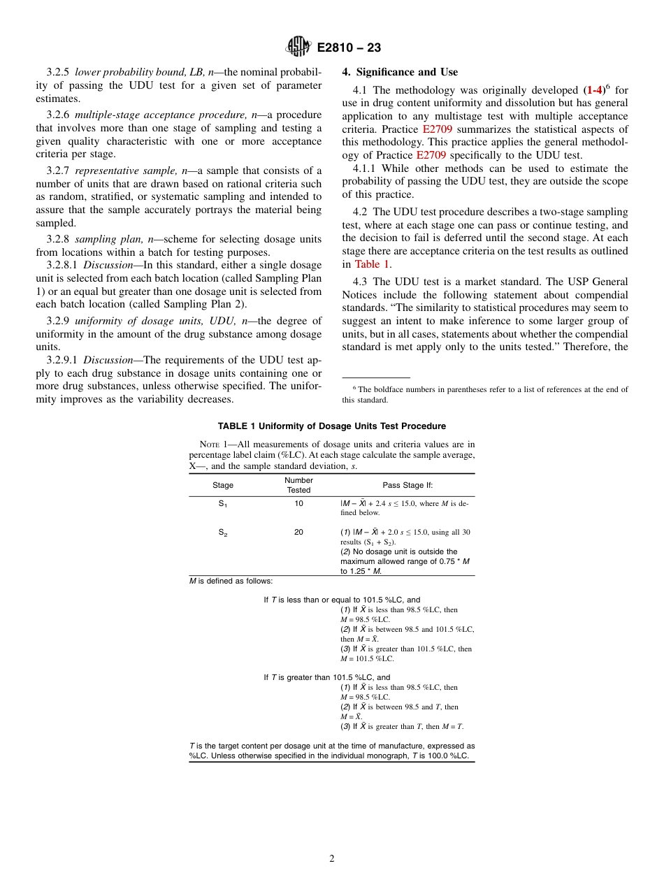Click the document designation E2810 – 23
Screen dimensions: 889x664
tap(349, 48)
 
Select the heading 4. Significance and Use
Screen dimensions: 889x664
tap(400, 72)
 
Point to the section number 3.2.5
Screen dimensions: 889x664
tap(59, 72)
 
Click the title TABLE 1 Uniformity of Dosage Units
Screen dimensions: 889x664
tap(331, 426)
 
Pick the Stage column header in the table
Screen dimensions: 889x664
tap(223, 485)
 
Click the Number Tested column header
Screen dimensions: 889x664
tap(298, 485)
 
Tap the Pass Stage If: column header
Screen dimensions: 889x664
tap(407, 485)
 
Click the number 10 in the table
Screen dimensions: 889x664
tap(298, 503)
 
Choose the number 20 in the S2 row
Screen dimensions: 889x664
tap(298, 533)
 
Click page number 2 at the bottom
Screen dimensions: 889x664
tap(332, 859)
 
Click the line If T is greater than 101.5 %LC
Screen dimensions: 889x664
tap(326, 677)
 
